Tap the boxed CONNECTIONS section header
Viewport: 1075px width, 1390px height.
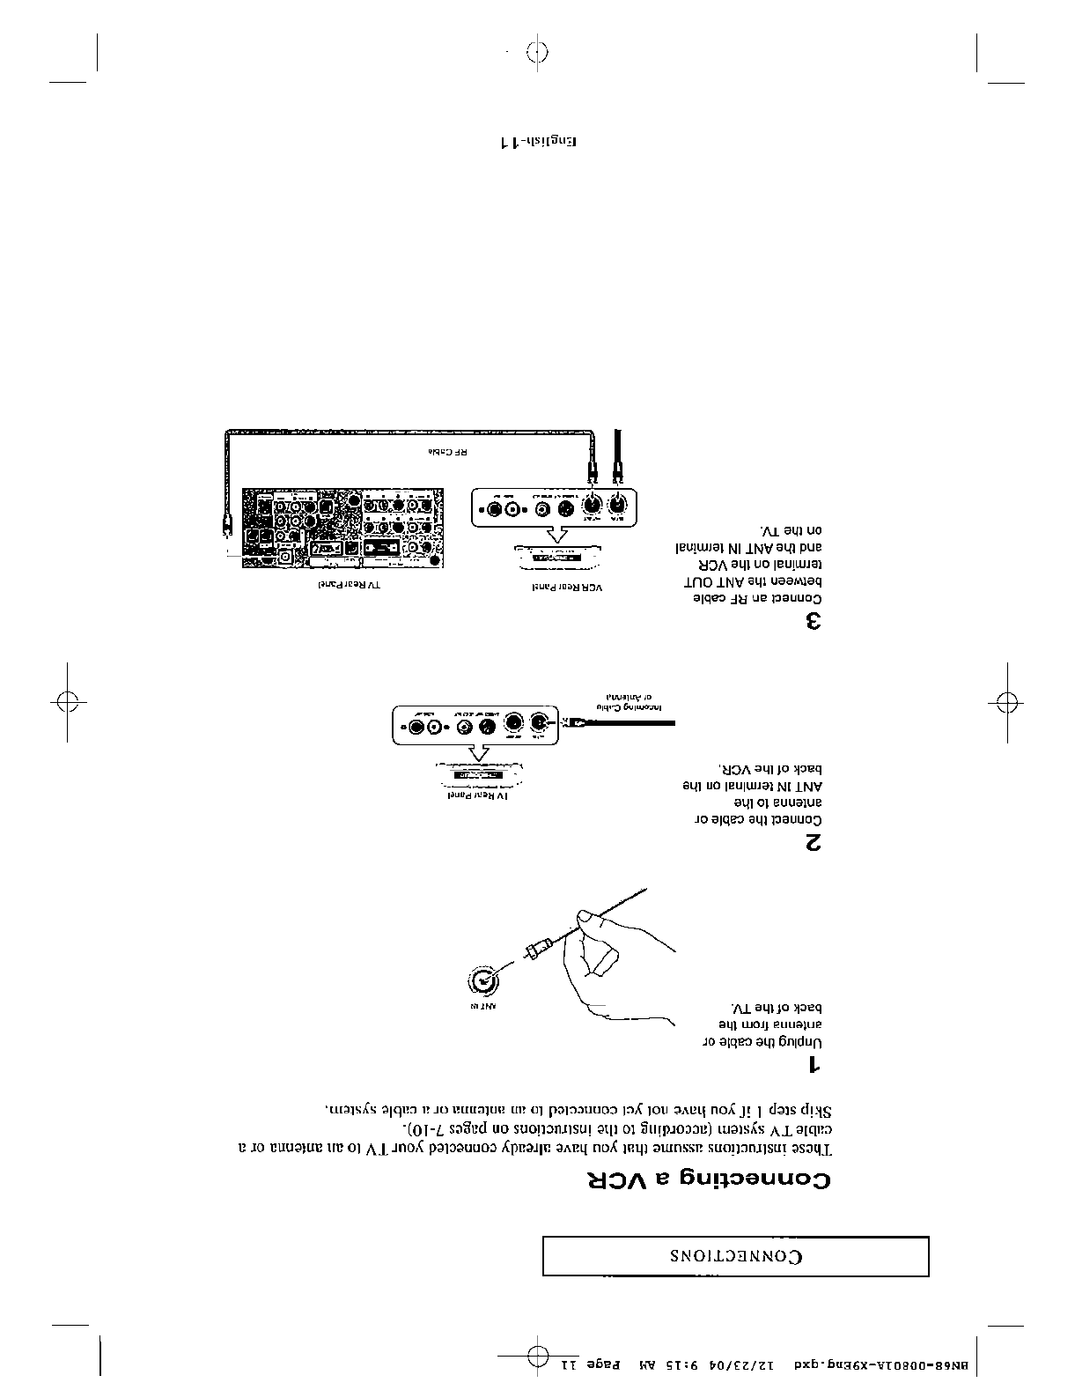tap(736, 1256)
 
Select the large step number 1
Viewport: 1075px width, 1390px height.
tap(814, 1066)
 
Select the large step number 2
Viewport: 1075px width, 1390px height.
tap(813, 843)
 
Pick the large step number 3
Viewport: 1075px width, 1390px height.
tap(813, 622)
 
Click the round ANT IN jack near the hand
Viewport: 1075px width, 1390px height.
tap(482, 980)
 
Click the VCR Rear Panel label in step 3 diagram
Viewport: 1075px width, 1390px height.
tap(557, 586)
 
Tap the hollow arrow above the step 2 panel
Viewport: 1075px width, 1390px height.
tap(479, 752)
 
